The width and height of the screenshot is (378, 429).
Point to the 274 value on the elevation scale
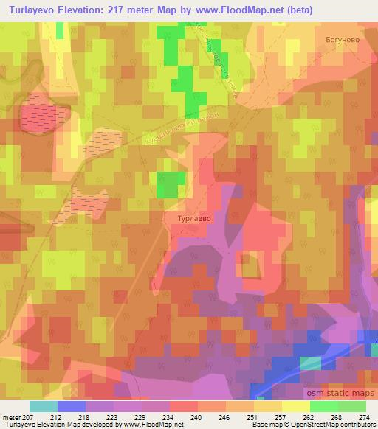point(364,417)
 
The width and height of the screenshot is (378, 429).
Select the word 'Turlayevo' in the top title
point(33,10)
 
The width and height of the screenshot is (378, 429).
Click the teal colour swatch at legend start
point(44,406)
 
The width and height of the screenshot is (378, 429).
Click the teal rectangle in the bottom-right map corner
point(310,363)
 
